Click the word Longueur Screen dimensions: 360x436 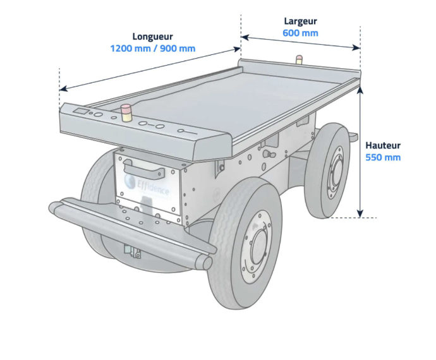(152, 37)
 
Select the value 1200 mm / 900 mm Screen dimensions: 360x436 (152, 49)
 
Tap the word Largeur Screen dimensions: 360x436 (300, 21)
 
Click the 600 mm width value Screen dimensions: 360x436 (300, 33)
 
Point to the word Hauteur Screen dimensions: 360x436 (383, 145)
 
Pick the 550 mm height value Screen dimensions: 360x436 (383, 157)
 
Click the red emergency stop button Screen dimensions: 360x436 (126, 112)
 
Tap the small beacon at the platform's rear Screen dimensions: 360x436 (299, 60)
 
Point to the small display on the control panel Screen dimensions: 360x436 (81, 112)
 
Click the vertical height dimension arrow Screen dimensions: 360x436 (360, 152)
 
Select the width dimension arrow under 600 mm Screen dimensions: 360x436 (300, 42)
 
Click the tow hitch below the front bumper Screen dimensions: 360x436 (132, 251)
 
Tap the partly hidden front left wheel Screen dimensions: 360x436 (95, 189)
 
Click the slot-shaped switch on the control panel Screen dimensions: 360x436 (187, 131)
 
